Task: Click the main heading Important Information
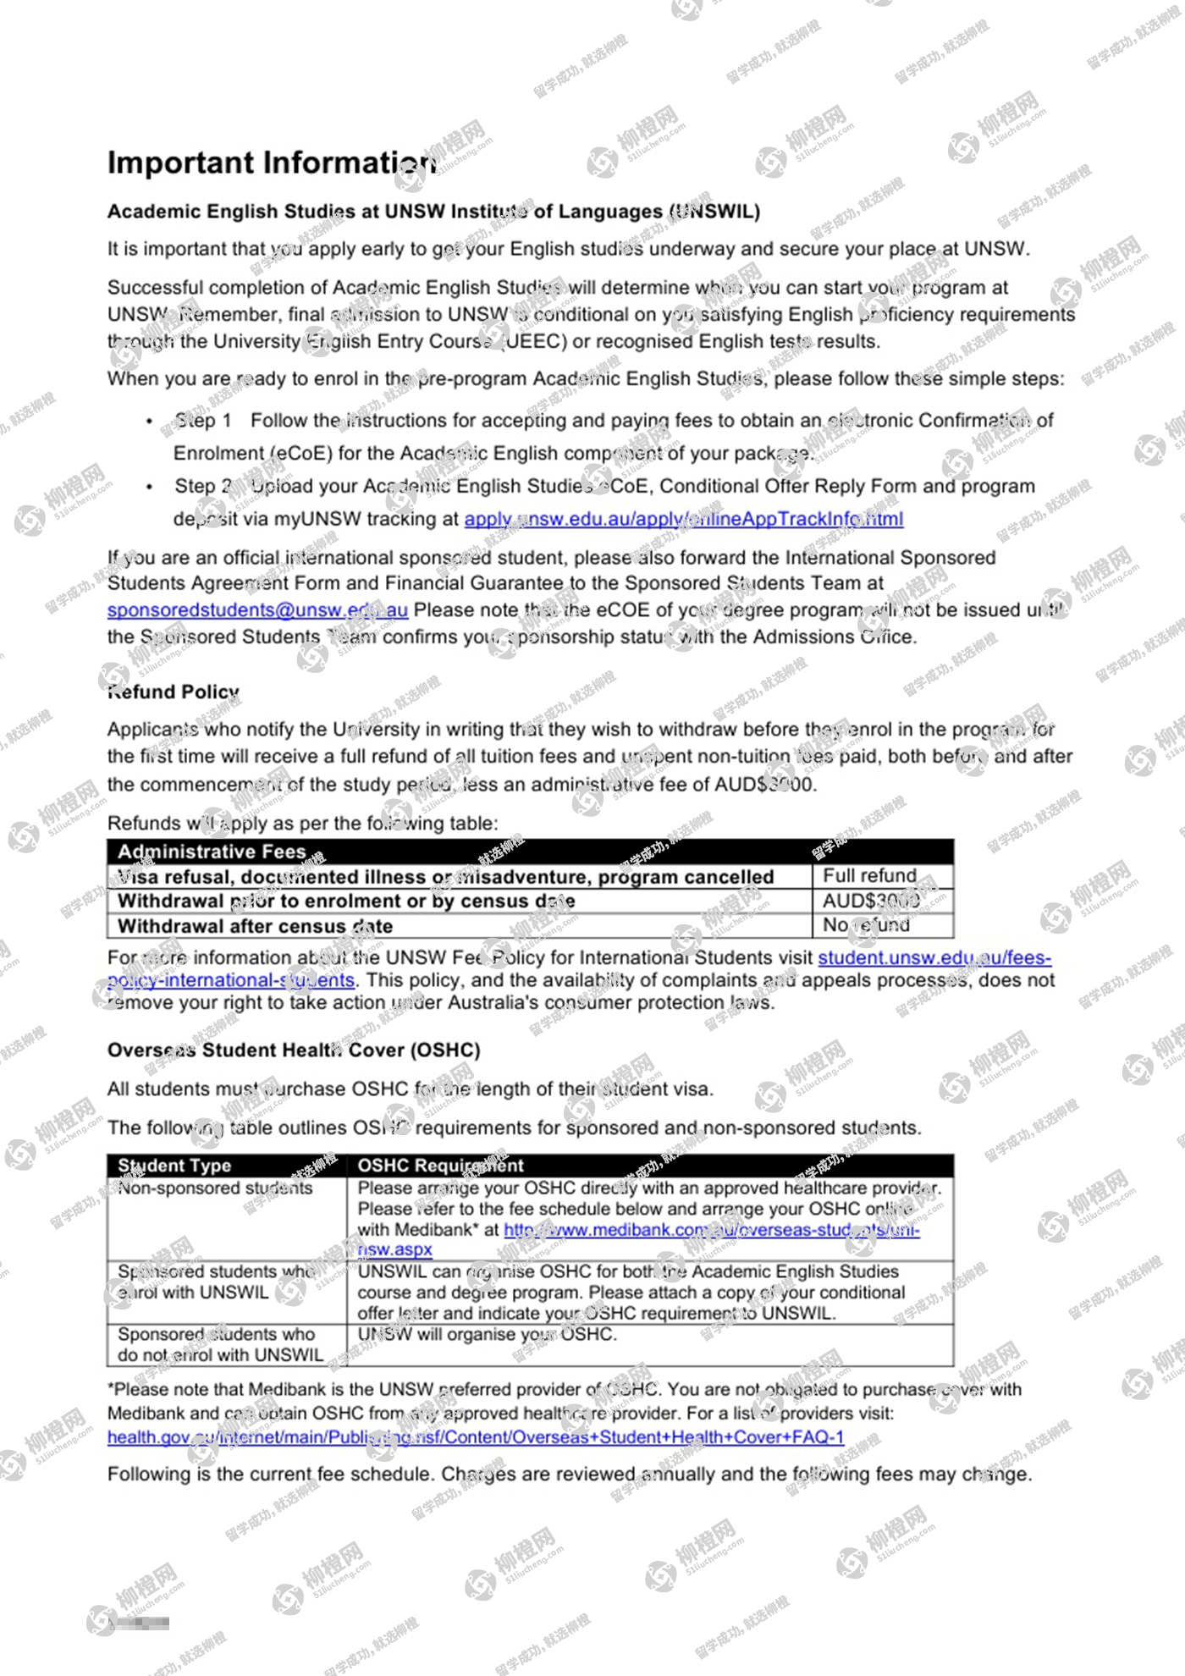coord(271,163)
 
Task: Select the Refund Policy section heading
coord(174,692)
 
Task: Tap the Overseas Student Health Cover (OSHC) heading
coord(294,1050)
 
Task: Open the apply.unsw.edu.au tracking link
coord(683,519)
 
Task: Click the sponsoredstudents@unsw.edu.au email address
coord(257,610)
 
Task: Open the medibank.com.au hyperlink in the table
coord(711,1230)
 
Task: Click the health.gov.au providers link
coord(475,1436)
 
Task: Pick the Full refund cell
coord(870,875)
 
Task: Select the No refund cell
coord(867,925)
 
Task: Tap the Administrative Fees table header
coord(212,852)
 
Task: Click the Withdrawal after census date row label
coord(255,926)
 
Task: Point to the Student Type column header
coord(174,1166)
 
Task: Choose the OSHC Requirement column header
coord(440,1166)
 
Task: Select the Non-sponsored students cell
coord(215,1188)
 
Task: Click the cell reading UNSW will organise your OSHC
coord(487,1334)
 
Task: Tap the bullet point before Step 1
coord(150,421)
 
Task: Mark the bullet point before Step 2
coord(150,487)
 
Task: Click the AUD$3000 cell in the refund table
coord(871,901)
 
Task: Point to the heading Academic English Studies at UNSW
coord(433,212)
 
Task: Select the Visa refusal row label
coord(445,877)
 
